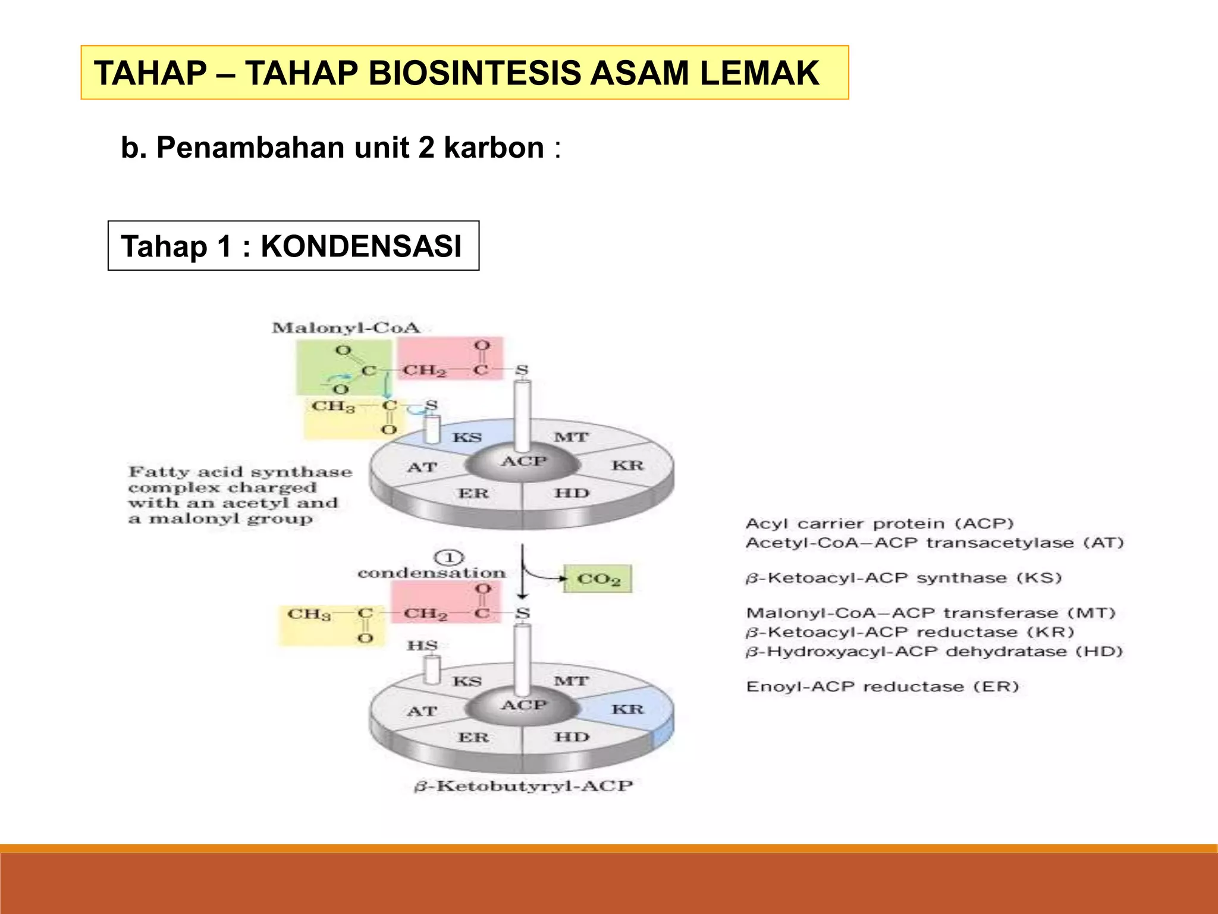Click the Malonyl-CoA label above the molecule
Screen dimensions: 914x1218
pos(346,328)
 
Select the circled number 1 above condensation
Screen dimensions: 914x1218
pos(450,558)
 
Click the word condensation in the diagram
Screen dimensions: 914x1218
pos(431,573)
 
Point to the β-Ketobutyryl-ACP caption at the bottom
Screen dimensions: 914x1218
pos(523,786)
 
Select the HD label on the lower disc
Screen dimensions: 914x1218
pos(572,737)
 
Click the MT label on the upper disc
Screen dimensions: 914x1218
pos(571,437)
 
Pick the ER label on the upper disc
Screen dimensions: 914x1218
pos(473,493)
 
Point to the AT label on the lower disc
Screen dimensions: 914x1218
pos(422,711)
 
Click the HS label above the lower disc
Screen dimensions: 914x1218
pos(422,646)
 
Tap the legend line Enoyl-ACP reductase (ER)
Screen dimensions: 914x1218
pos(883,687)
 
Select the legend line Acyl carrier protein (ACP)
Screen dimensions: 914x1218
pos(880,524)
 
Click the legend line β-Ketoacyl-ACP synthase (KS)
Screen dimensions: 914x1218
pos(903,578)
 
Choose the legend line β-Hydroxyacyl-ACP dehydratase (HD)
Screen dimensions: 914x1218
pos(934,652)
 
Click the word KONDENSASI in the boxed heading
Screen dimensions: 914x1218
pos(361,246)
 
